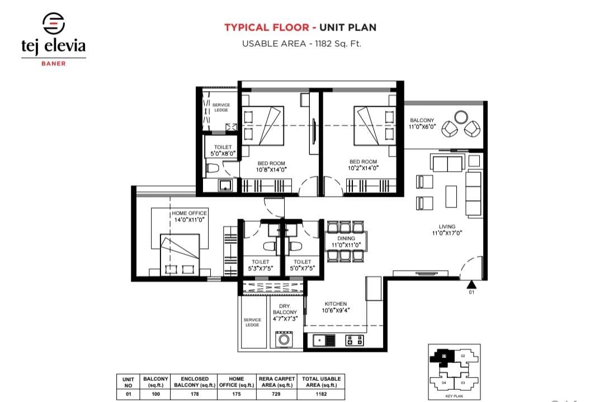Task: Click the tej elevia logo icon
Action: (53, 23)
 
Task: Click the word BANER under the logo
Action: (54, 63)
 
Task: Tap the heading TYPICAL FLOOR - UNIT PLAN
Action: (300, 27)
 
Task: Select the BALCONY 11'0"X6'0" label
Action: (422, 124)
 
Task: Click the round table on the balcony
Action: (461, 117)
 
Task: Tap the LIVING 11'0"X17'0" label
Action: (447, 230)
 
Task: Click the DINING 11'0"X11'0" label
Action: (346, 242)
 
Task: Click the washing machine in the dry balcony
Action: (284, 339)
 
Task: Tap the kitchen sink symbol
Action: (324, 339)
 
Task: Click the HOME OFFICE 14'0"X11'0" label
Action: (189, 216)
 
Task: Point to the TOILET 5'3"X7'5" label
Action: (261, 265)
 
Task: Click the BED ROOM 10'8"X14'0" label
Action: (271, 166)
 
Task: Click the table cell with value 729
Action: (276, 394)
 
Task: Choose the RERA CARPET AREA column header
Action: (276, 382)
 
